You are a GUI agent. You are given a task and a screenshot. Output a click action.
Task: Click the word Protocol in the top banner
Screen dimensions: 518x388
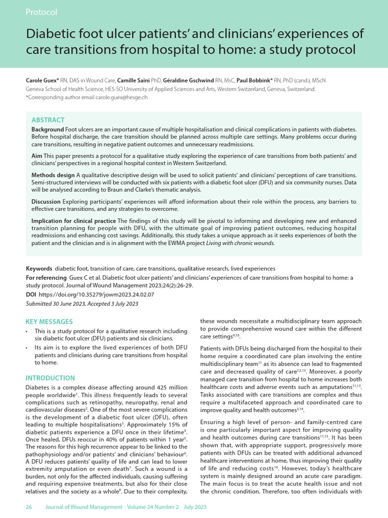[x=41, y=12]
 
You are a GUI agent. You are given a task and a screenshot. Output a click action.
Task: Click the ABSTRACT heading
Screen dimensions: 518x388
[x=48, y=120]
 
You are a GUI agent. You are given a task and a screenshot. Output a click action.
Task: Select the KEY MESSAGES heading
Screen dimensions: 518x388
[x=49, y=322]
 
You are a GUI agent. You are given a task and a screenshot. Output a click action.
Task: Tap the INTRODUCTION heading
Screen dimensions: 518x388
[x=50, y=378]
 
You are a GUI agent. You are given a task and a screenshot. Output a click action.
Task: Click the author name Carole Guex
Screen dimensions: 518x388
[x=41, y=80]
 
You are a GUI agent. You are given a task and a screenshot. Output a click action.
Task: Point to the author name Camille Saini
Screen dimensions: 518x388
[x=133, y=80]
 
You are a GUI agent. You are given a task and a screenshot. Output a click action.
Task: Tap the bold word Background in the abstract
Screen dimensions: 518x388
[x=47, y=130]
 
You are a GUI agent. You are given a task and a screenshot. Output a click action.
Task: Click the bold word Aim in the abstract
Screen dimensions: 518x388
[x=36, y=156]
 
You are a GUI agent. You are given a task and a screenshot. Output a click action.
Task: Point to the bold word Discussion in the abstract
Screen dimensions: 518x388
[x=47, y=201]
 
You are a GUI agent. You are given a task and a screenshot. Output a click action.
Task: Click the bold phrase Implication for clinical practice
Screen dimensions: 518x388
[x=74, y=221]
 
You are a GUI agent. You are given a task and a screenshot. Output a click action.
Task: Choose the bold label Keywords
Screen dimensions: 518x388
[x=39, y=269]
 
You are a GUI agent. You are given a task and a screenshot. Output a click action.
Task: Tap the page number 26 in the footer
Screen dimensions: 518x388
[x=29, y=507]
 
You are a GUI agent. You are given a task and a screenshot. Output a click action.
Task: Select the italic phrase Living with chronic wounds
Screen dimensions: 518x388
[x=240, y=243]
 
